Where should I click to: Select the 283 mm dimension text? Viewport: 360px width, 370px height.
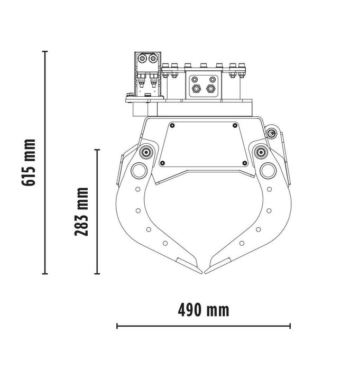point(81,212)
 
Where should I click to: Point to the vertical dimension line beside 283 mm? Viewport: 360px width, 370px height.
point(97,212)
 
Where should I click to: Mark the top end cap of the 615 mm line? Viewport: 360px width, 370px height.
point(45,51)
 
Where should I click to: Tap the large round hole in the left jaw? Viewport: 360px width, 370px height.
point(140,170)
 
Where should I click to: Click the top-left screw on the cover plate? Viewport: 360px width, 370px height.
point(174,125)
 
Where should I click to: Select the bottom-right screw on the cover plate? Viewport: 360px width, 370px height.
point(244,162)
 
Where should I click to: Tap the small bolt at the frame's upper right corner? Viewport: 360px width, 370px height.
point(272,134)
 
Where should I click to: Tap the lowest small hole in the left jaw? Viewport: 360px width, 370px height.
point(165,243)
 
